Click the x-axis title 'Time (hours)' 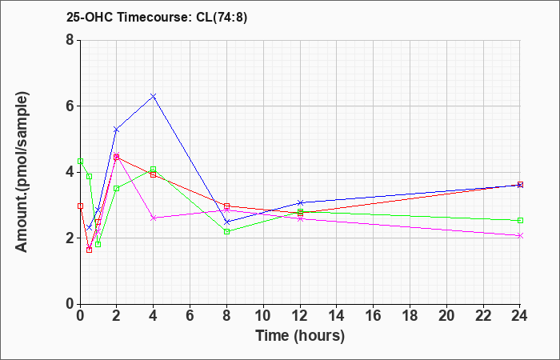tap(300, 335)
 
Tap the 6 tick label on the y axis tap(70, 106)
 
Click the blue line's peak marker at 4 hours tap(154, 96)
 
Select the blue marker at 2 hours tap(117, 130)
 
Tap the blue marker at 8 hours tap(227, 222)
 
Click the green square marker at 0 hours tap(80, 161)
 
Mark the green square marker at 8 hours tap(227, 231)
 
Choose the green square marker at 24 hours tap(520, 220)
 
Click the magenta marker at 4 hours tap(154, 218)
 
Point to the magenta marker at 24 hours tap(520, 235)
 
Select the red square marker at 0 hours tap(80, 206)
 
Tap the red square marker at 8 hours tap(227, 206)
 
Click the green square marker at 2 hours tap(117, 188)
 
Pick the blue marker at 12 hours tap(300, 202)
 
